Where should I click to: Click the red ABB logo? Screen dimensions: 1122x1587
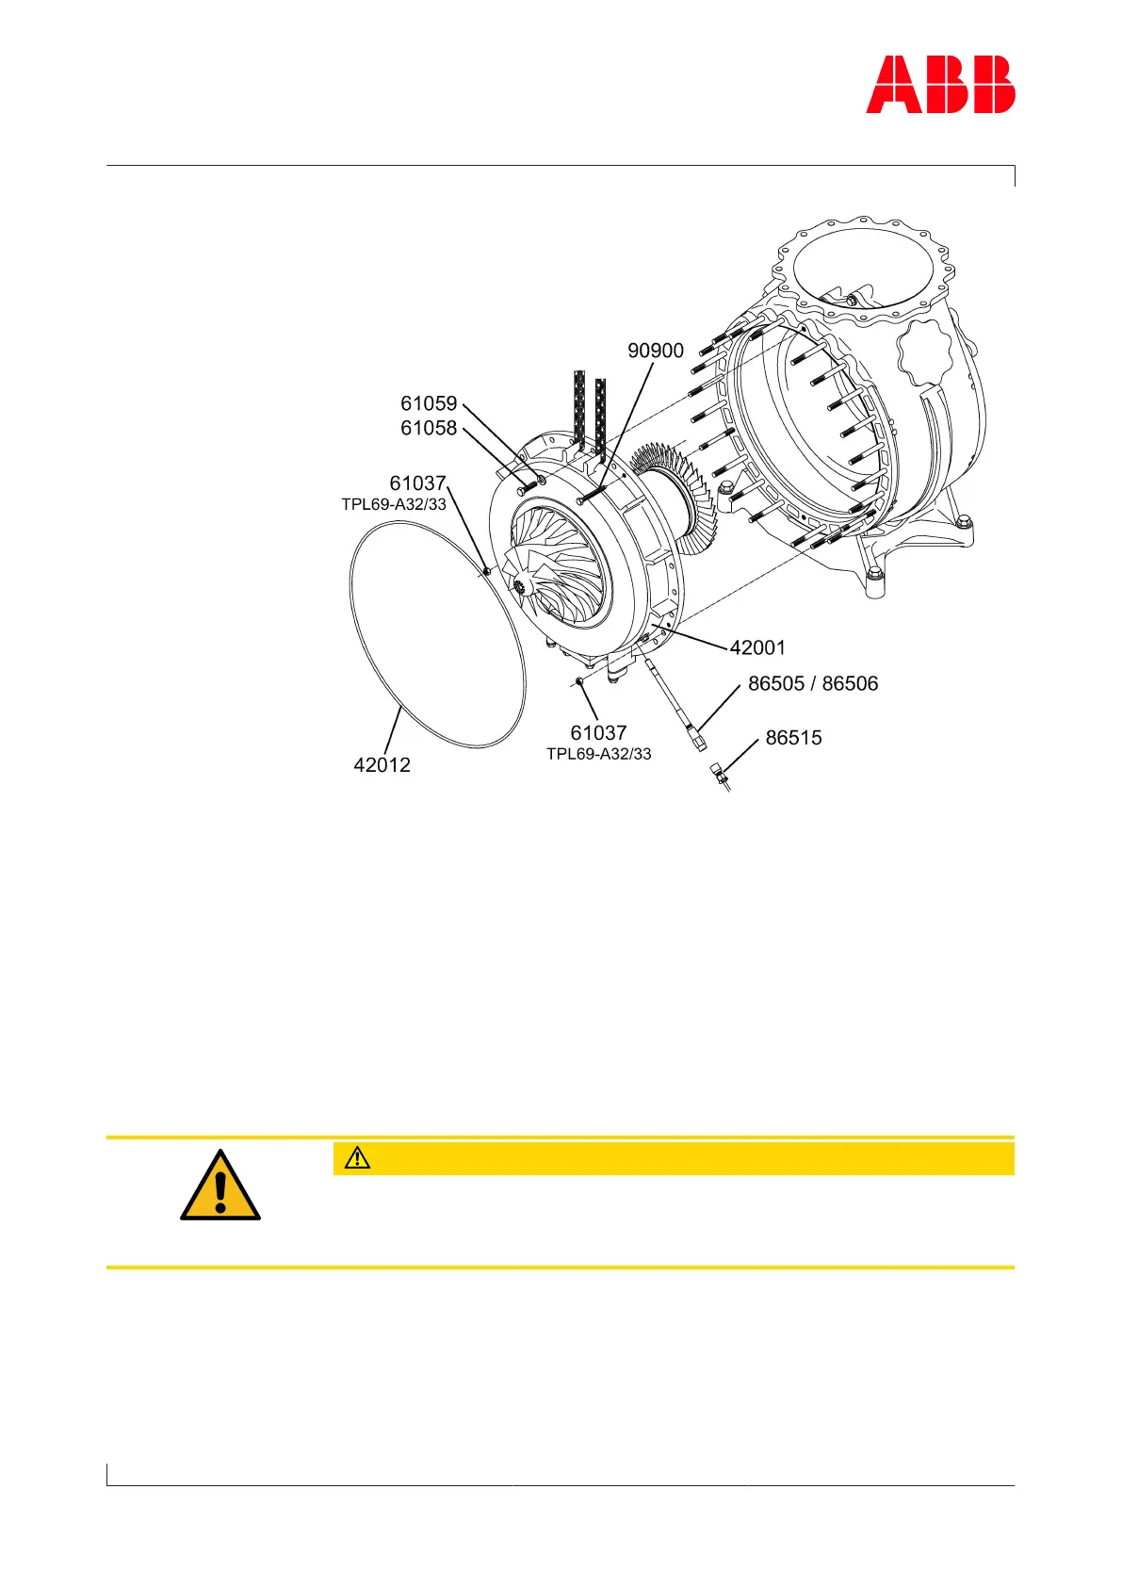pyautogui.click(x=940, y=85)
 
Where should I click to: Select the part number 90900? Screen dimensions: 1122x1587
pyautogui.click(x=656, y=351)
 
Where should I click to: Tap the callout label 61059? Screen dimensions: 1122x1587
pyautogui.click(x=429, y=403)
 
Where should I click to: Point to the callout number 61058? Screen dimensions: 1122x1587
pyautogui.click(x=429, y=428)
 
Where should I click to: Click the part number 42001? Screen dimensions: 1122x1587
pyautogui.click(x=757, y=647)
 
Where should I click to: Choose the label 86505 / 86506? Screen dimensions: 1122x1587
pyautogui.click(x=813, y=683)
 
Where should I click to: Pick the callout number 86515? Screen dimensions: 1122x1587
pyautogui.click(x=793, y=738)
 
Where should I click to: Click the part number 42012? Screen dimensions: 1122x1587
pyautogui.click(x=382, y=765)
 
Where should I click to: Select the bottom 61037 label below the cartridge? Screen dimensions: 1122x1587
pyautogui.click(x=598, y=732)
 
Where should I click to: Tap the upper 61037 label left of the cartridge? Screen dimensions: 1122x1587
pyautogui.click(x=417, y=484)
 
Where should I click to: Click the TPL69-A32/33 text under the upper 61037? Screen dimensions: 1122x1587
pyautogui.click(x=394, y=505)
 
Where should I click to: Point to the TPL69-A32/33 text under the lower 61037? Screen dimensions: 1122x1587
pyautogui.click(x=599, y=754)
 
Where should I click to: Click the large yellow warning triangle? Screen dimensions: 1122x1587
pyautogui.click(x=220, y=1187)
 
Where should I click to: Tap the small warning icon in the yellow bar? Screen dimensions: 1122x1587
pyautogui.click(x=358, y=1158)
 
